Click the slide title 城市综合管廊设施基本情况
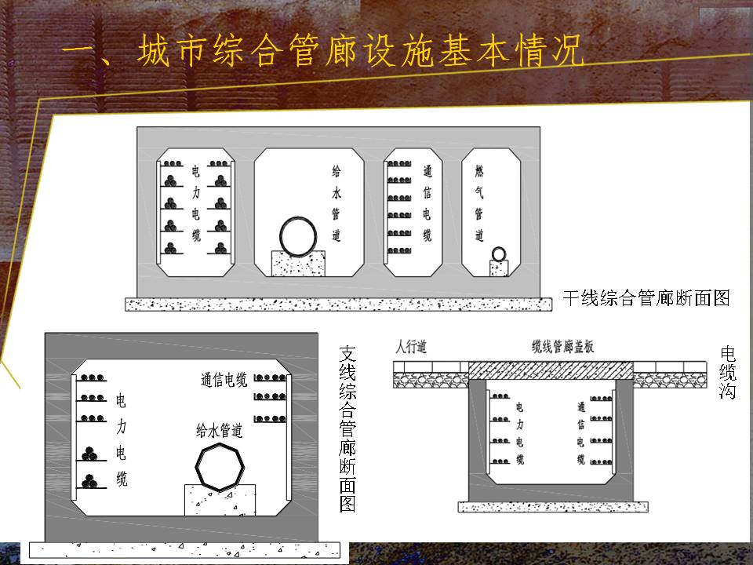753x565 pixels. (x=361, y=50)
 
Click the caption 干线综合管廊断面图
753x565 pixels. (x=646, y=298)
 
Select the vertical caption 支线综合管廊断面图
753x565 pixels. (x=347, y=429)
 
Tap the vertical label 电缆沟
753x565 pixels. (x=728, y=373)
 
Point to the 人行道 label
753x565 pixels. (x=410, y=346)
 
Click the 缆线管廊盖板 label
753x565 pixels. (x=563, y=346)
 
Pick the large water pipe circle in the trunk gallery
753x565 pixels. (x=298, y=237)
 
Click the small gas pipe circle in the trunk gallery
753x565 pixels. (x=499, y=253)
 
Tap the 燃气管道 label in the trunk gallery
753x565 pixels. (x=479, y=203)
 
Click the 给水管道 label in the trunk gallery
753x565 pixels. (x=336, y=203)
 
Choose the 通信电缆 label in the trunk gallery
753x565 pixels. (x=427, y=203)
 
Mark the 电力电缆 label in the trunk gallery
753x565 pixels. (x=196, y=203)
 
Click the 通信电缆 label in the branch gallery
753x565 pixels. (x=224, y=380)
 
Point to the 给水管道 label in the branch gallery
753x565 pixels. (x=219, y=430)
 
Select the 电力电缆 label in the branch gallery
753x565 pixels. (x=122, y=440)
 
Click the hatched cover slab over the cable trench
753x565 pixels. (x=551, y=370)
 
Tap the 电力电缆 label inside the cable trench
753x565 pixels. (x=519, y=433)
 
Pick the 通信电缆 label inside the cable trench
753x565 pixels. (x=581, y=433)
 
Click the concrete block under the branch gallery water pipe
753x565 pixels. (x=220, y=500)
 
